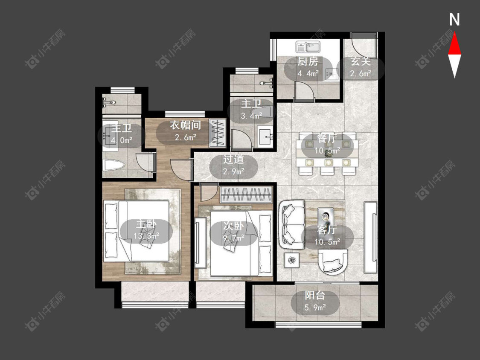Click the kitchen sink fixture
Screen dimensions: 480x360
[x=308, y=47]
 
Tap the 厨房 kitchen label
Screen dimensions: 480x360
[x=308, y=61]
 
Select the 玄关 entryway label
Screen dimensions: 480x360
[x=361, y=61]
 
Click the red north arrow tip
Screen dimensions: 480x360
[x=454, y=33]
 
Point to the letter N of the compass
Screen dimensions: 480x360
[x=454, y=20]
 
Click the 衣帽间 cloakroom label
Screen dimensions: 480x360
[x=186, y=125]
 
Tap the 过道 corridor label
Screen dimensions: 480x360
[x=233, y=159]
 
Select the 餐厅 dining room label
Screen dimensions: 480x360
[x=327, y=138]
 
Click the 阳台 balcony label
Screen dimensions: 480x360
[x=315, y=296]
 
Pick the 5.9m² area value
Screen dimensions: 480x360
[x=315, y=307]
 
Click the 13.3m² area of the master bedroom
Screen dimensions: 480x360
[x=146, y=236]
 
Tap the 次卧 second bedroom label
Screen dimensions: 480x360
[x=233, y=226]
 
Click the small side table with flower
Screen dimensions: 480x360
[x=292, y=260]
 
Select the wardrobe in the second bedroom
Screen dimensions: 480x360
[x=246, y=195]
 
